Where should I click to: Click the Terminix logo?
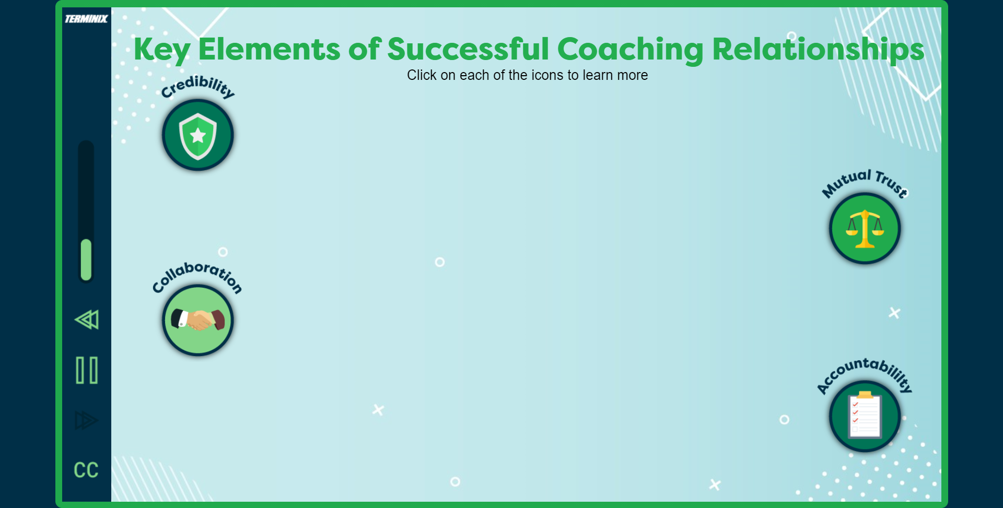point(86,19)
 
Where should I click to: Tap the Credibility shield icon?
point(197,135)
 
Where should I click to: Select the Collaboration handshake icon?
point(197,320)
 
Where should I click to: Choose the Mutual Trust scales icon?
point(865,229)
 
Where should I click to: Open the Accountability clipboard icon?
point(865,417)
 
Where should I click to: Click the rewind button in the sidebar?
point(87,320)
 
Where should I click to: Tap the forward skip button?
point(86,420)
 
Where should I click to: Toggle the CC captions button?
point(86,470)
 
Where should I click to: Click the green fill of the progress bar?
point(86,259)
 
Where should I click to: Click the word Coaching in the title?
point(631,50)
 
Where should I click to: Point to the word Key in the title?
point(161,50)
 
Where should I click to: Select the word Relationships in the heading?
point(818,50)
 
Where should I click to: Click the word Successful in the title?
point(468,50)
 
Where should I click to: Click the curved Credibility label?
point(197,86)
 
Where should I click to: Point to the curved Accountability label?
point(865,372)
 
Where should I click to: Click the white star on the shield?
point(198,136)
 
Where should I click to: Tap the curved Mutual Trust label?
point(865,181)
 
